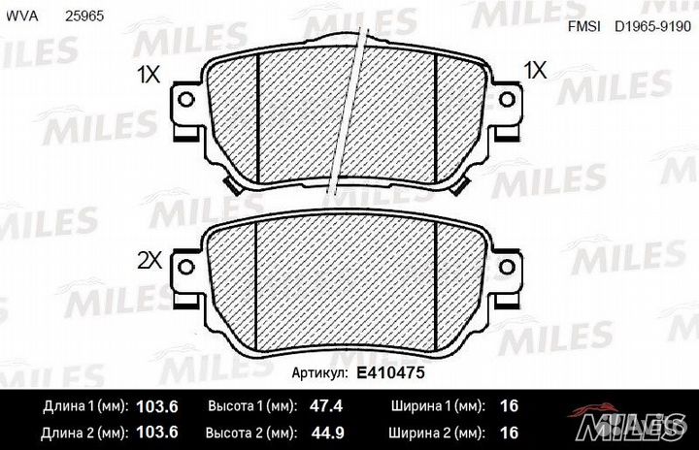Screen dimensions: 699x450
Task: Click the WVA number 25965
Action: click(84, 16)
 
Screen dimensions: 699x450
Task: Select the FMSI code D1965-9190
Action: click(652, 26)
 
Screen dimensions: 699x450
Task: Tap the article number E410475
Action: click(390, 372)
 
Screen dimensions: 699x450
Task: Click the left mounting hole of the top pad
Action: click(185, 99)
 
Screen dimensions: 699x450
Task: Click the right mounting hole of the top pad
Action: click(507, 99)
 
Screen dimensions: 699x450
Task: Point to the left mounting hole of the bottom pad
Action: click(185, 267)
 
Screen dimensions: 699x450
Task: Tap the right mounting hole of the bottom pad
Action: click(507, 267)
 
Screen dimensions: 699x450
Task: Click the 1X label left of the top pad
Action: click(149, 75)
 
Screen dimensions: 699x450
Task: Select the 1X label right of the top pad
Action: click(535, 71)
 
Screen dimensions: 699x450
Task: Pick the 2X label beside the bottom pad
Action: click(150, 261)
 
